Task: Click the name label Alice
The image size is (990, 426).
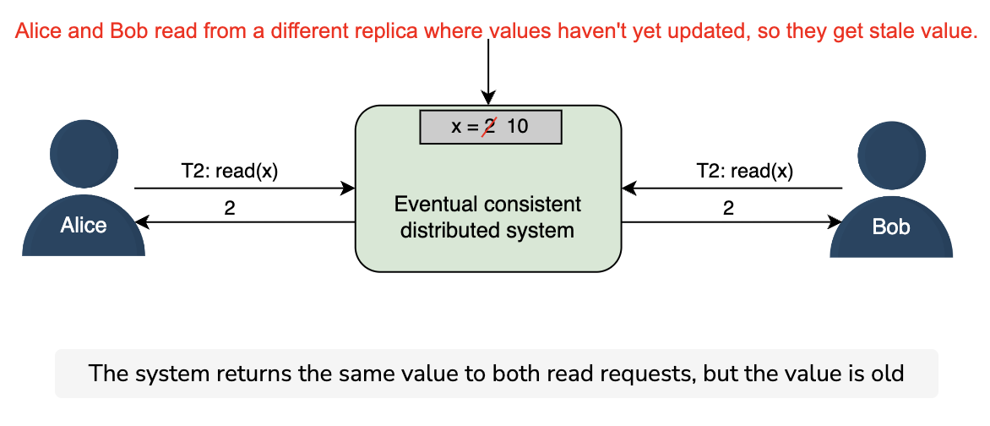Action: tap(84, 225)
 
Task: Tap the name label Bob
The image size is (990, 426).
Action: tap(891, 227)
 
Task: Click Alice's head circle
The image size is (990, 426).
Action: tap(84, 154)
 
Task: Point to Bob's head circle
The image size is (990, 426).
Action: tap(891, 155)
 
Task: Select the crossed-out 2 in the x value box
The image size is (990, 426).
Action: tap(488, 127)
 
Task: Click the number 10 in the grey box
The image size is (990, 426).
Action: tap(517, 127)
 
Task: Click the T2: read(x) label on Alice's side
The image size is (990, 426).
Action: tap(229, 172)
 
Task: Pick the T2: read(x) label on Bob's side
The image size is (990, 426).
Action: tap(744, 172)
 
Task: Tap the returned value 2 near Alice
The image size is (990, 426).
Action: tap(230, 209)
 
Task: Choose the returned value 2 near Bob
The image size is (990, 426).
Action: tap(728, 209)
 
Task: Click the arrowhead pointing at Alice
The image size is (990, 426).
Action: tap(142, 221)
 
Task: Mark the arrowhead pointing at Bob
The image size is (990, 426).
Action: tap(835, 221)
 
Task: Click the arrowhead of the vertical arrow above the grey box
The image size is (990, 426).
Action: tap(488, 97)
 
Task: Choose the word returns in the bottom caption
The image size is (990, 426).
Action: tap(244, 374)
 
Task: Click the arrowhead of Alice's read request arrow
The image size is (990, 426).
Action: tap(348, 188)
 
